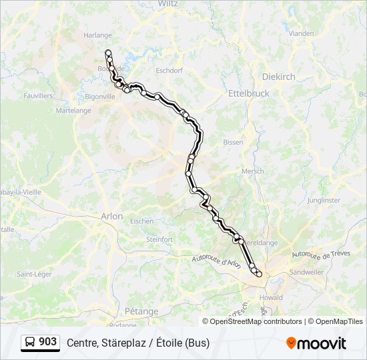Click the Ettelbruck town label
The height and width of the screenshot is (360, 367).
click(x=249, y=93)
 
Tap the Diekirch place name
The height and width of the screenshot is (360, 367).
click(x=279, y=77)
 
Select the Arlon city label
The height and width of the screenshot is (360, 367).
click(x=111, y=216)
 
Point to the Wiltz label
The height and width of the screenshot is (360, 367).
click(x=168, y=3)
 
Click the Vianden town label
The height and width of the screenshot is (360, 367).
click(x=302, y=33)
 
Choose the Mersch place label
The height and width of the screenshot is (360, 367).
click(x=252, y=171)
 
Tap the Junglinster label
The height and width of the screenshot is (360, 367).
click(x=324, y=200)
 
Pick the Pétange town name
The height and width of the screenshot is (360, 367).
click(x=141, y=311)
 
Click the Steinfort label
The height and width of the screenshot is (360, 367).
click(x=159, y=239)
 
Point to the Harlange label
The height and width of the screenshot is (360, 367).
click(x=97, y=35)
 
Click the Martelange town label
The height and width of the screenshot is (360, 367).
click(x=74, y=111)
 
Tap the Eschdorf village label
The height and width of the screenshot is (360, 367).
click(x=168, y=70)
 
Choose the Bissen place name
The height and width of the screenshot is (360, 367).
click(x=233, y=142)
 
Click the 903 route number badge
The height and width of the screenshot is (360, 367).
click(x=40, y=342)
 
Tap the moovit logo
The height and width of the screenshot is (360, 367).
click(x=316, y=343)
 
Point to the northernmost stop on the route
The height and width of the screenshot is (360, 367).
click(x=108, y=52)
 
